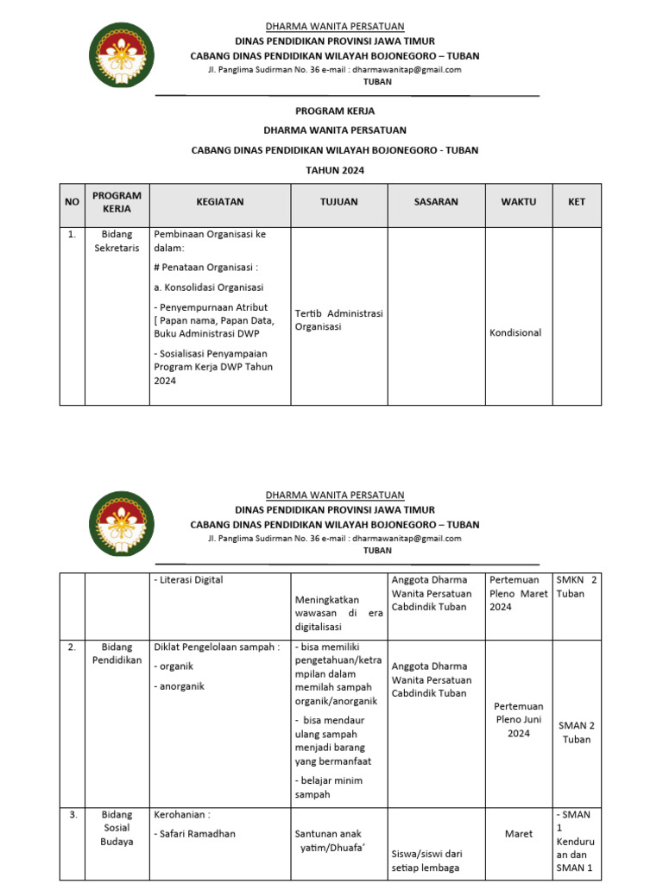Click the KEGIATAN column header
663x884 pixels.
click(x=219, y=202)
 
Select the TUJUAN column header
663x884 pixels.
click(x=338, y=202)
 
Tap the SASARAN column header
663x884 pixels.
click(x=436, y=202)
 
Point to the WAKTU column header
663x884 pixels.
click(x=518, y=202)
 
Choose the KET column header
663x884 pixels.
click(x=577, y=202)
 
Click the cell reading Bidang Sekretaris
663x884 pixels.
click(x=116, y=241)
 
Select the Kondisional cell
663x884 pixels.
click(x=515, y=333)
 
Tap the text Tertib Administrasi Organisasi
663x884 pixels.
click(x=338, y=320)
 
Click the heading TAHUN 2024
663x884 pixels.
click(x=335, y=171)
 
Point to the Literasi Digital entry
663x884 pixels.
click(x=189, y=580)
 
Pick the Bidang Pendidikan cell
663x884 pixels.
click(x=117, y=654)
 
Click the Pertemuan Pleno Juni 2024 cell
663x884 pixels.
click(x=518, y=720)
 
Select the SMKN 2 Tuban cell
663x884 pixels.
click(x=577, y=587)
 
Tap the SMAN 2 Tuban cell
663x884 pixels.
click(x=577, y=733)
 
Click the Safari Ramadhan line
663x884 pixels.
click(x=194, y=834)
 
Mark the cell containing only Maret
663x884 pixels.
click(x=519, y=835)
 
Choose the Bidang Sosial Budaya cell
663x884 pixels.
click(x=117, y=828)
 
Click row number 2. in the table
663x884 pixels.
click(x=72, y=647)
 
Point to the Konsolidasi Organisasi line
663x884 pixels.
click(x=209, y=287)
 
